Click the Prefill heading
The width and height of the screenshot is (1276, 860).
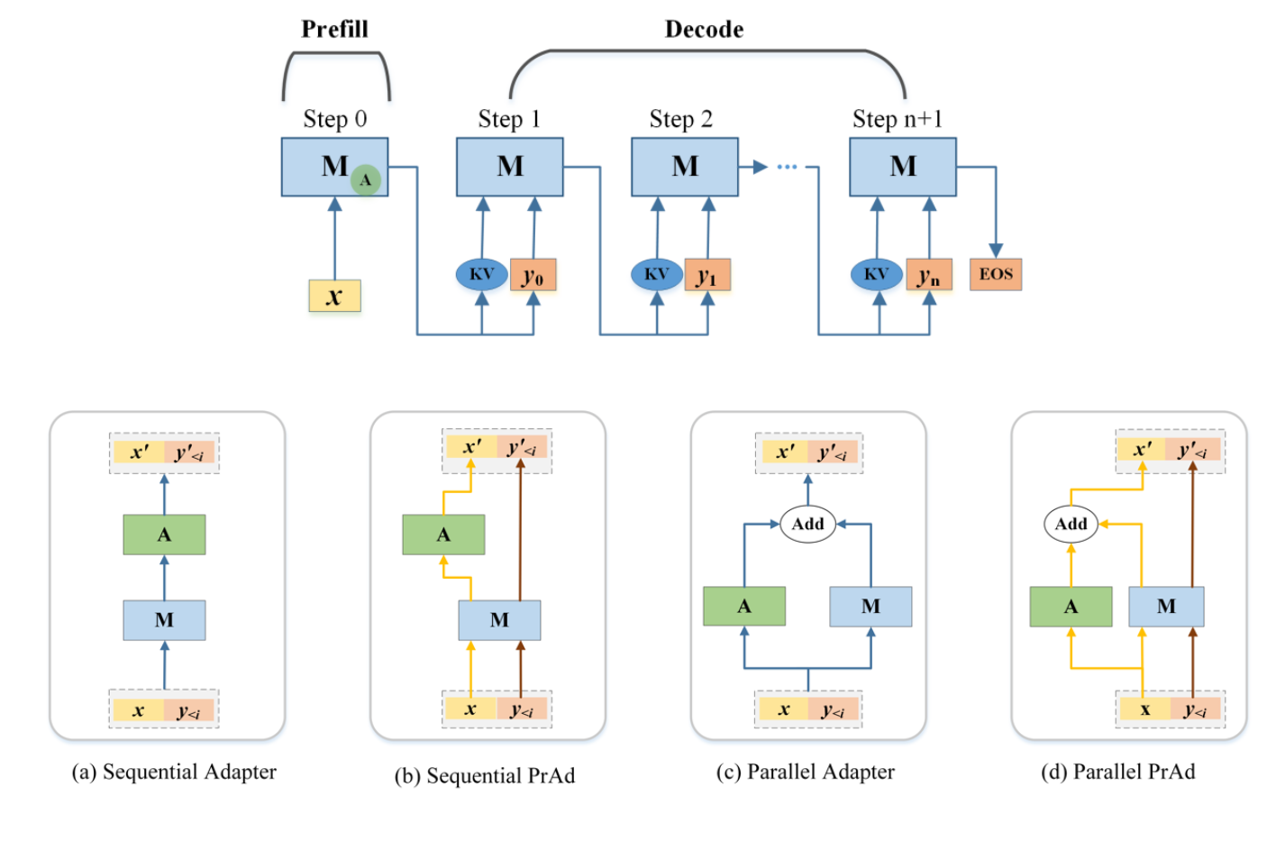click(334, 30)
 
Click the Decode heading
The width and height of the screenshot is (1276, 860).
click(704, 30)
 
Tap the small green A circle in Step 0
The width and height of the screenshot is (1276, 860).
click(365, 180)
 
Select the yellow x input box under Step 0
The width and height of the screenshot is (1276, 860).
click(334, 296)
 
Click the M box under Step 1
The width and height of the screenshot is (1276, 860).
click(509, 167)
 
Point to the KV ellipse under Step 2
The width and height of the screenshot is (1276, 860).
click(656, 274)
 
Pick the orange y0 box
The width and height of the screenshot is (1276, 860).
click(533, 275)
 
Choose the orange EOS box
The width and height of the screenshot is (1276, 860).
click(996, 274)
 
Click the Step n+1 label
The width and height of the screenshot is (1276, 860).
click(898, 119)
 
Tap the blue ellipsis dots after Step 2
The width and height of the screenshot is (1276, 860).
click(787, 167)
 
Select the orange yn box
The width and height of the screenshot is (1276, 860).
click(929, 275)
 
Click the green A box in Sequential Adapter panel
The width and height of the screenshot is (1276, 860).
click(164, 535)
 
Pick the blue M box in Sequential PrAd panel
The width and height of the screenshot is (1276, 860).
click(499, 620)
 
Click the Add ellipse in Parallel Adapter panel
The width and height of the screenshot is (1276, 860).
click(807, 524)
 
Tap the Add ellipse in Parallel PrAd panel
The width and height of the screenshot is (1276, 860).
click(1071, 524)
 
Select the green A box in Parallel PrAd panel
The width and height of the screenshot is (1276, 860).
click(1071, 607)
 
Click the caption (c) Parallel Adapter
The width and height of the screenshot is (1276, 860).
click(805, 772)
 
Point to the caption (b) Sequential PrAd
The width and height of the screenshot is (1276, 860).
click(485, 775)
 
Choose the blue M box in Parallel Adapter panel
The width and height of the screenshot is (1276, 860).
click(870, 607)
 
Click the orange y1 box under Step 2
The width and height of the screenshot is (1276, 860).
click(707, 275)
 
